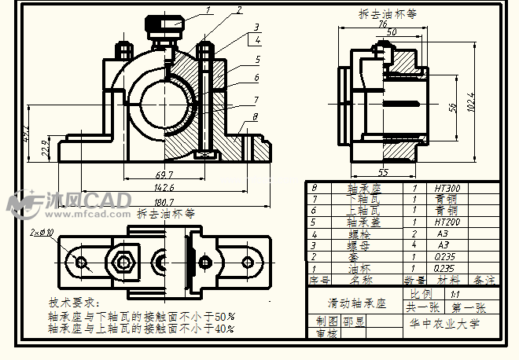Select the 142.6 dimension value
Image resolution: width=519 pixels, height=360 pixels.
164,189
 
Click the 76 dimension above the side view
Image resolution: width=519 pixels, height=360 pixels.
383,24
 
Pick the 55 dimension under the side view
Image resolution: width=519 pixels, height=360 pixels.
383,171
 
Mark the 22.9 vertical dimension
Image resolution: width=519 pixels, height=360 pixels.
45,147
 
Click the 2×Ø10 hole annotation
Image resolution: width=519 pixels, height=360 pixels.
42,233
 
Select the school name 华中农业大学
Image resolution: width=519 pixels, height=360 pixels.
443,323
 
